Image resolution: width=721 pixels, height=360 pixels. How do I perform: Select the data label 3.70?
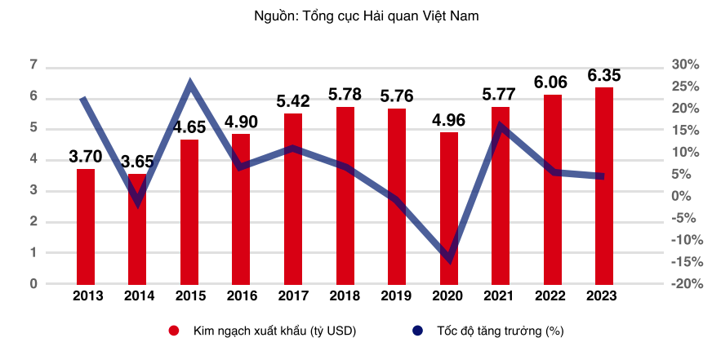[86, 156]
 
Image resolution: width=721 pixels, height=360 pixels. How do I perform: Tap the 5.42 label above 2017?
[292, 102]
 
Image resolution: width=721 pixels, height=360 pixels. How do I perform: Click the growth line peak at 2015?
[189, 82]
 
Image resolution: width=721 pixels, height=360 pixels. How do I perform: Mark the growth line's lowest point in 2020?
[448, 260]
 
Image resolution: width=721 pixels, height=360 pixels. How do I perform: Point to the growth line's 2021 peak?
[500, 125]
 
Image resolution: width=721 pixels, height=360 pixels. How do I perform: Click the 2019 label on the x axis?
[396, 296]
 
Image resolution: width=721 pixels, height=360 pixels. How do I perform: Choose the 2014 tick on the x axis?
[138, 296]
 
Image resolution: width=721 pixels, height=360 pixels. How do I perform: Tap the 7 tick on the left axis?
[33, 64]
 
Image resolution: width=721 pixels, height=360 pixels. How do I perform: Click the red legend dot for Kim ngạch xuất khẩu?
[173, 331]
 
